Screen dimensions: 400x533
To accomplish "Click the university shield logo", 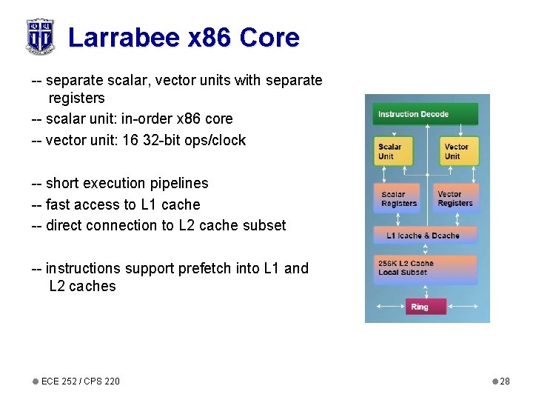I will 39,36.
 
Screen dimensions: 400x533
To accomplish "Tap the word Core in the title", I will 269,37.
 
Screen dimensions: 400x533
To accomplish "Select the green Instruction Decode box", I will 426,114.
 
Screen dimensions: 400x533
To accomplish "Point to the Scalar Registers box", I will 399,199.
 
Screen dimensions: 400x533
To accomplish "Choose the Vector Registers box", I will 455,199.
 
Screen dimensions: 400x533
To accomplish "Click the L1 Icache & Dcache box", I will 425,236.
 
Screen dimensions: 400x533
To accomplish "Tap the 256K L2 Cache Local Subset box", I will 425,269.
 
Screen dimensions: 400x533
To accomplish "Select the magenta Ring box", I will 420,307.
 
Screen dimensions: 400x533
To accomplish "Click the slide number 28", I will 505,381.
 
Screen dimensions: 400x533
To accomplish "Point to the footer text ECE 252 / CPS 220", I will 80,381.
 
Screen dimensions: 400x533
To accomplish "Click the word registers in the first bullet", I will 76,98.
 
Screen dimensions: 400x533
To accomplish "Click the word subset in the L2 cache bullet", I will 264,226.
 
